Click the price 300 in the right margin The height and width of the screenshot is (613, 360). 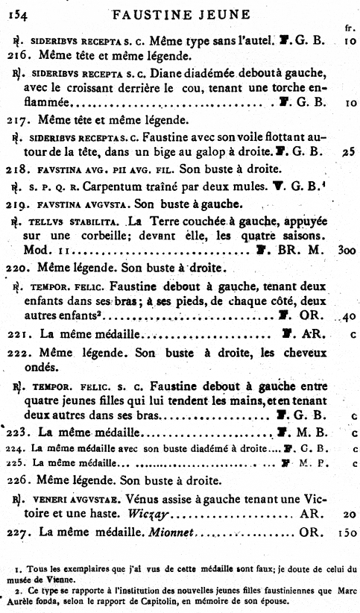(x=344, y=252)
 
